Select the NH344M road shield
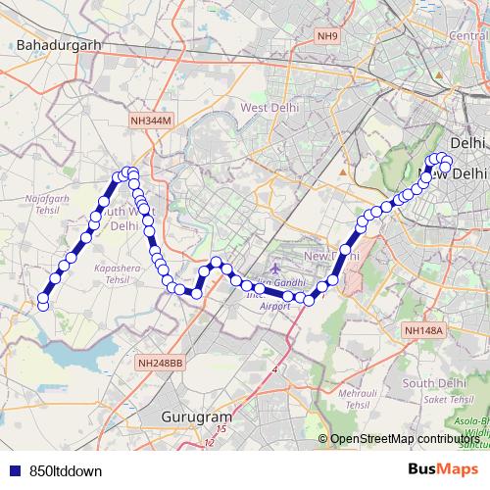click(150, 120)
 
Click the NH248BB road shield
click(161, 363)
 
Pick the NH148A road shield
click(423, 331)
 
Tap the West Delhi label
click(268, 107)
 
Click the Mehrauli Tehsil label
click(349, 397)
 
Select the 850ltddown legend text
click(66, 470)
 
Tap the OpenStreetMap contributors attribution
click(406, 439)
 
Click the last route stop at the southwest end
click(42, 306)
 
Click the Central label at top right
click(468, 36)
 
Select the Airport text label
click(275, 306)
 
